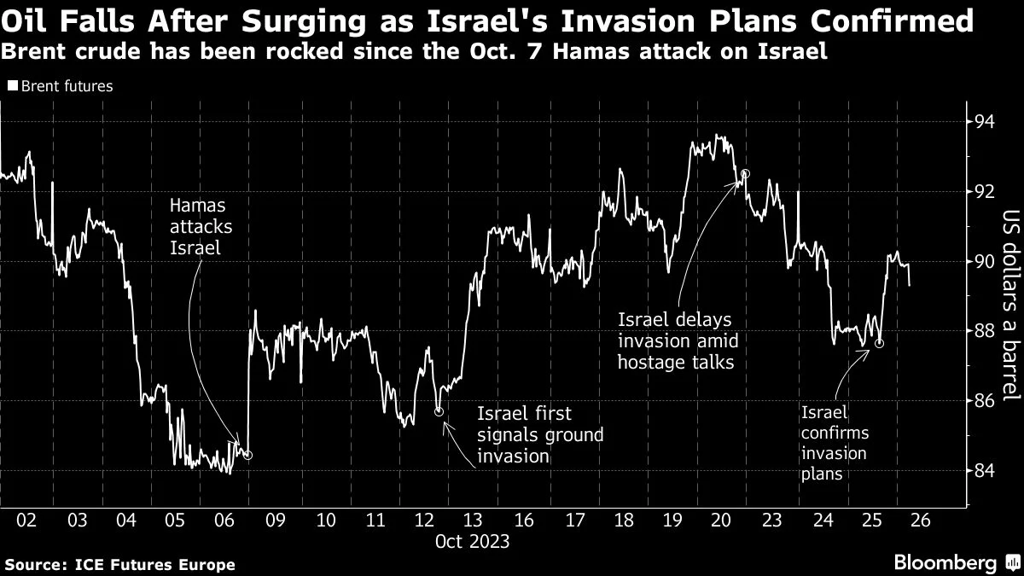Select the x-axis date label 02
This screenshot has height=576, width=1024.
click(26, 521)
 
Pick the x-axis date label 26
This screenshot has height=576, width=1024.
click(922, 521)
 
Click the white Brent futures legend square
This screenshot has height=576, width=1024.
click(12, 86)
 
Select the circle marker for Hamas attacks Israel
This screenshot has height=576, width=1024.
click(247, 455)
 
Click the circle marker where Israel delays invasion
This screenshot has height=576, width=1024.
click(745, 173)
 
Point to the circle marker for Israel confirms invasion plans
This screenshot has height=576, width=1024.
click(879, 343)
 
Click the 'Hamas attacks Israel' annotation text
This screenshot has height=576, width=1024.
click(201, 227)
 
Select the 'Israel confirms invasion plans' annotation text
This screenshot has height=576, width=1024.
click(834, 443)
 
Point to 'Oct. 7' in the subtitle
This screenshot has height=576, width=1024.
click(521, 51)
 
